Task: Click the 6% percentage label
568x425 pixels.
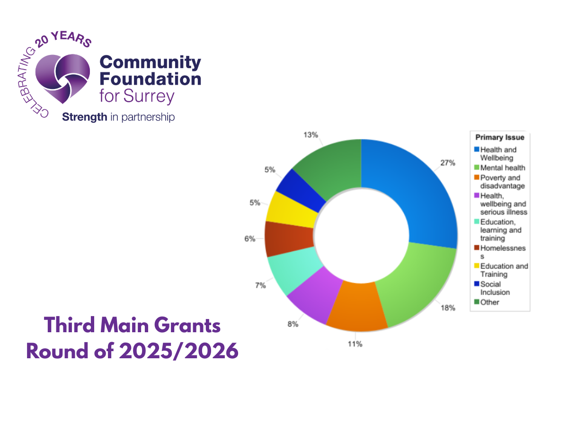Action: (249, 239)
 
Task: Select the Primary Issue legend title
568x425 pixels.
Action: (500, 138)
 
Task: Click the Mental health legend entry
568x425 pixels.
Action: (503, 168)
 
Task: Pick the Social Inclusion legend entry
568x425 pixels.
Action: (495, 288)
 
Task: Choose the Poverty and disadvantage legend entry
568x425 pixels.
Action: (502, 182)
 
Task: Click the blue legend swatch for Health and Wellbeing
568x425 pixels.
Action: (477, 150)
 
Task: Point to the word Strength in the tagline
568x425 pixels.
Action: (85, 117)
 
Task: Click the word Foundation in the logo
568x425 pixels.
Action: (151, 78)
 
